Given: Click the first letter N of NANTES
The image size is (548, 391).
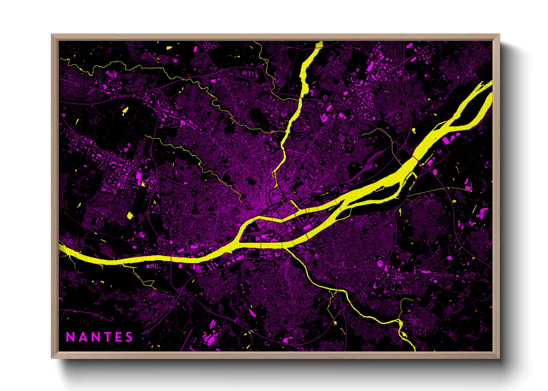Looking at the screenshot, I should tap(69, 337).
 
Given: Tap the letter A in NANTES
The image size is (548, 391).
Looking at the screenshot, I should tap(82, 337).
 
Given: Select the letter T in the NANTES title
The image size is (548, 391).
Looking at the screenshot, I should tap(106, 337).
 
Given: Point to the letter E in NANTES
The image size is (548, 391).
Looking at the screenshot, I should tap(118, 337).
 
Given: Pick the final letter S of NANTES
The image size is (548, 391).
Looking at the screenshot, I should tap(129, 337).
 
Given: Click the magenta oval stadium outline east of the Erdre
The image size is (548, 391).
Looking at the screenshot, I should tap(325, 97).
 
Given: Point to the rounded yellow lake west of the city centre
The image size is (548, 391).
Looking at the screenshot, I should tap(130, 215).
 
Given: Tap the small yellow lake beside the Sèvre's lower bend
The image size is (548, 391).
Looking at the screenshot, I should tap(403, 335).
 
